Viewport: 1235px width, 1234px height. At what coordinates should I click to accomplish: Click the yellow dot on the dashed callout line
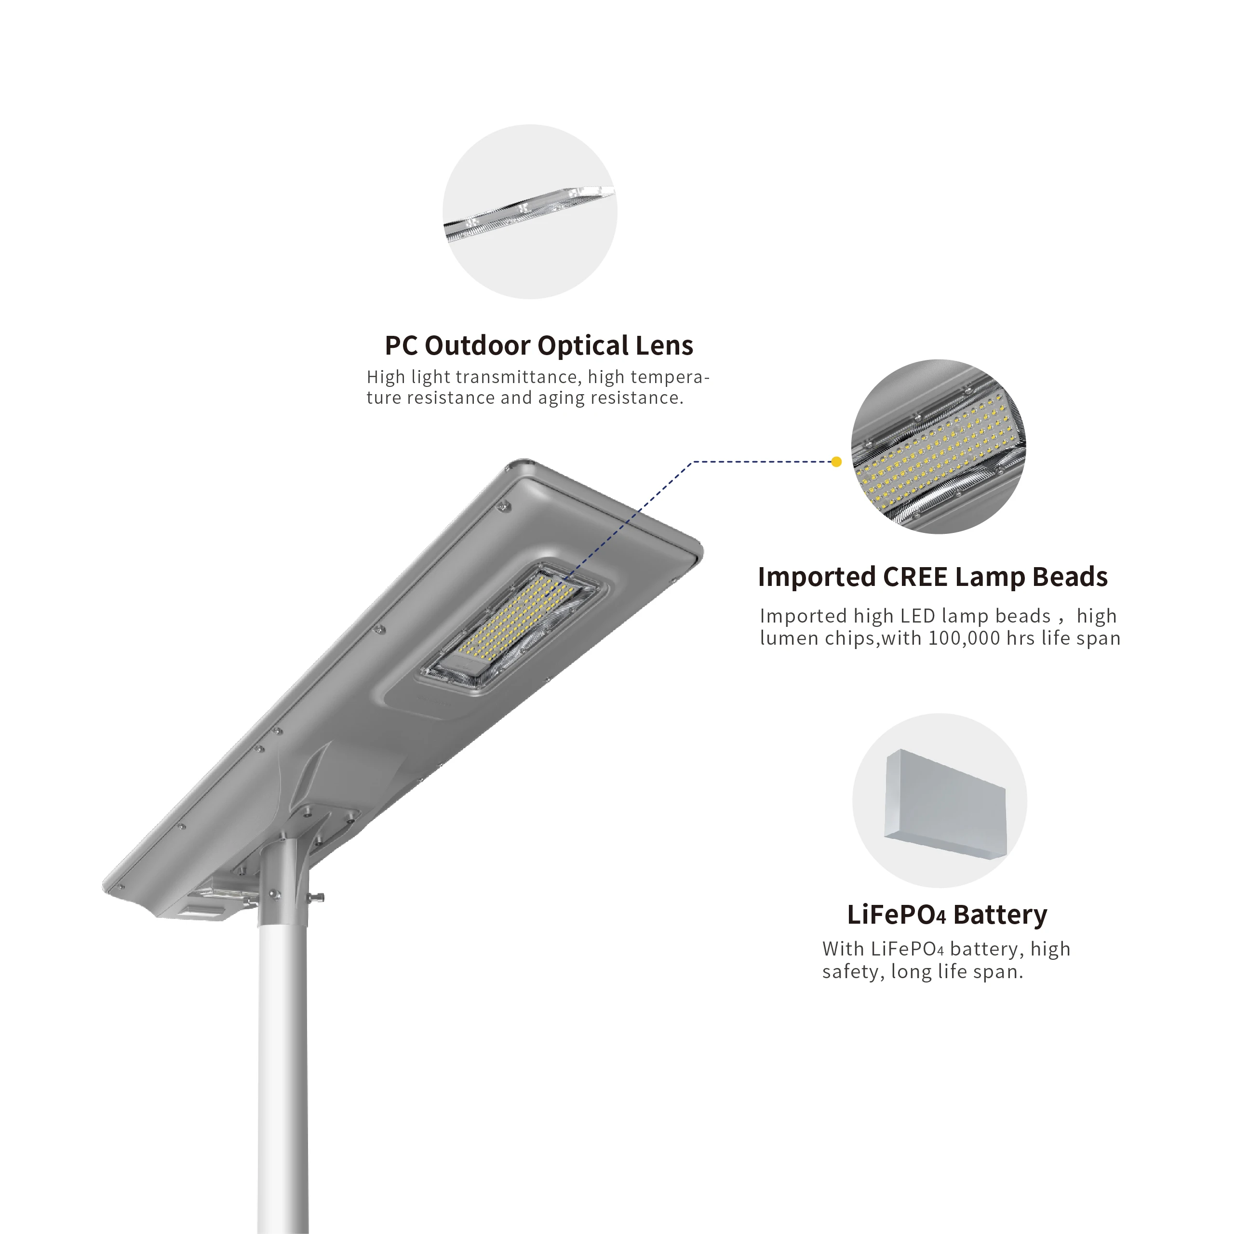(836, 462)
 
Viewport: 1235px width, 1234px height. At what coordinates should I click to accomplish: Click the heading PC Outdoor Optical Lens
(538, 346)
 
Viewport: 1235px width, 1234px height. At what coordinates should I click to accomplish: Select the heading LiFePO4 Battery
(947, 915)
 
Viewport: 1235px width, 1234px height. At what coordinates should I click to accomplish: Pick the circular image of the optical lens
(530, 212)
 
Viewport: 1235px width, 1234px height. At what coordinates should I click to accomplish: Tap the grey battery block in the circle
(944, 803)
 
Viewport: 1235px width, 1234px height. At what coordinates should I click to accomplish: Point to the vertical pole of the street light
(283, 1054)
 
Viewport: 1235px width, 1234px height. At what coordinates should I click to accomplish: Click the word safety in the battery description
(849, 972)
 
